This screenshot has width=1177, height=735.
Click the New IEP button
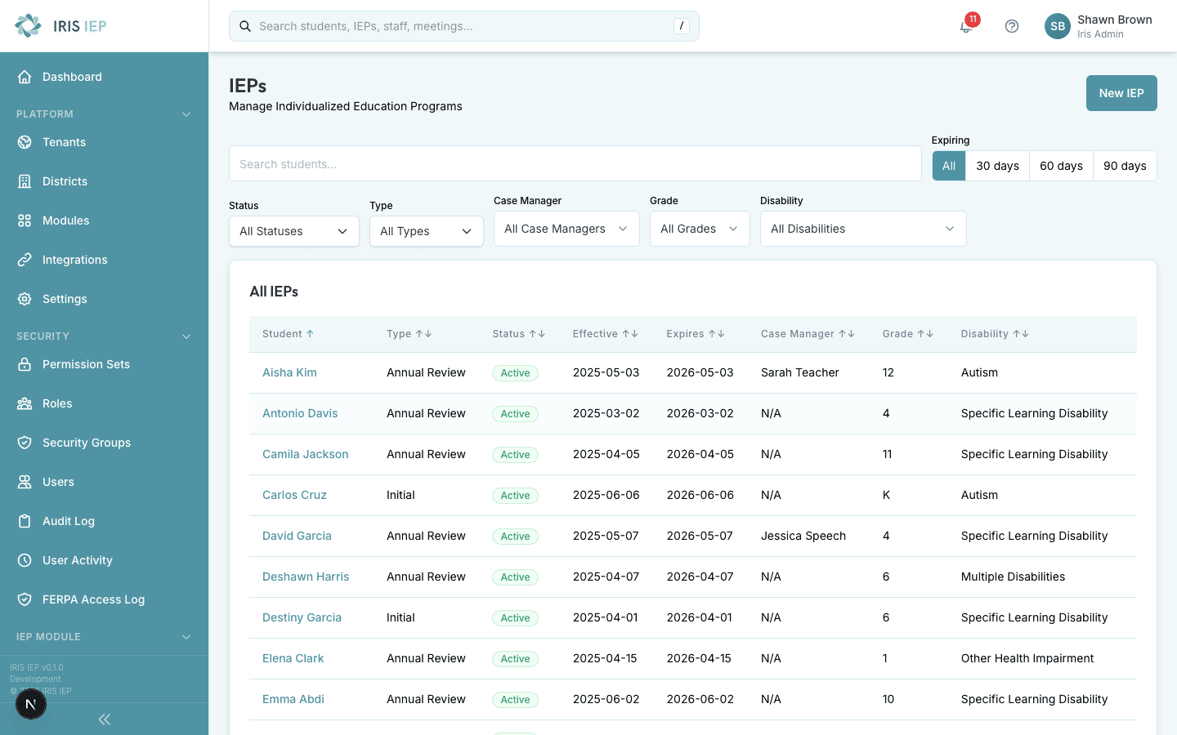click(1121, 93)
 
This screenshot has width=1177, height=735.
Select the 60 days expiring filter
click(1061, 166)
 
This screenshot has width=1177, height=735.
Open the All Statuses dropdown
click(293, 231)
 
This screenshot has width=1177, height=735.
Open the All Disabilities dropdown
click(862, 229)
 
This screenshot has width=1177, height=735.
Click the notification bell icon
click(966, 26)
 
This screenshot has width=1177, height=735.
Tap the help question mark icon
click(1012, 26)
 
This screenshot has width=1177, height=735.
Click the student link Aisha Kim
click(289, 372)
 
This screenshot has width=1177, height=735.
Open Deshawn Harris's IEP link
click(306, 577)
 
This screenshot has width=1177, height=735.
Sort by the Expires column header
click(695, 334)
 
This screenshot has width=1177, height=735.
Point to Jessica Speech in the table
click(803, 536)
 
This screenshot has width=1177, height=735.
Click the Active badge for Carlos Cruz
click(515, 496)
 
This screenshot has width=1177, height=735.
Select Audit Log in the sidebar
click(69, 521)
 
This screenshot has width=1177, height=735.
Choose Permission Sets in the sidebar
click(86, 364)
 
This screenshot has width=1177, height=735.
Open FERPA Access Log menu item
click(93, 599)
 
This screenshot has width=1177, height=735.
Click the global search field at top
click(463, 26)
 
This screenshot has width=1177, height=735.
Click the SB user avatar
click(1057, 26)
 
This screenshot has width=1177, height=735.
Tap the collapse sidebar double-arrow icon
click(104, 719)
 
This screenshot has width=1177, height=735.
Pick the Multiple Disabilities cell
click(1013, 577)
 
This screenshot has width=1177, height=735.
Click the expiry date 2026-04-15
click(699, 658)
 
